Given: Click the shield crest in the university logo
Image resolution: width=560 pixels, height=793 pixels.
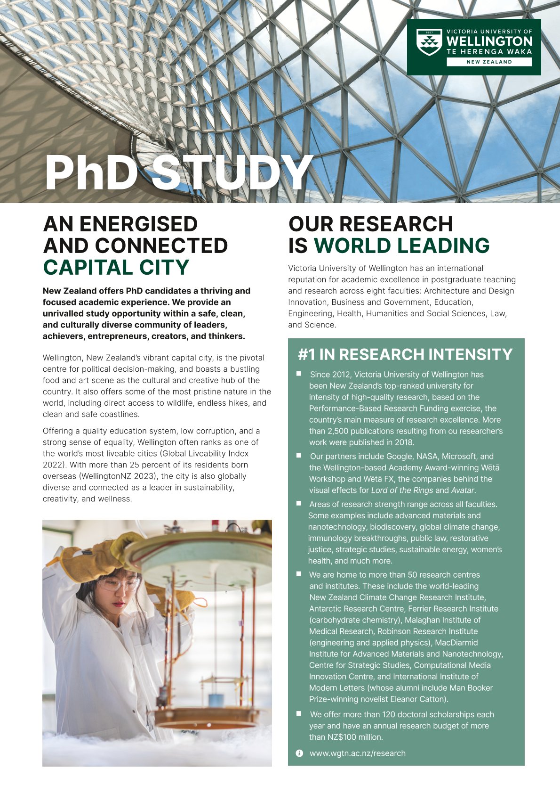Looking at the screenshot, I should point(429,42).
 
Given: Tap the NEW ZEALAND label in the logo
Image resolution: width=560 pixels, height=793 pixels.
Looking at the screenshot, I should point(489,62).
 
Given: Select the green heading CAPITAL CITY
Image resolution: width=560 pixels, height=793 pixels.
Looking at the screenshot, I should point(116,268).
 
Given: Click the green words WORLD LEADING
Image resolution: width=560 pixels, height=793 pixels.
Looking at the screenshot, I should point(401,245).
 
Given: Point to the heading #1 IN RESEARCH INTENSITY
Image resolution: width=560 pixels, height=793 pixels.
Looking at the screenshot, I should point(405,354).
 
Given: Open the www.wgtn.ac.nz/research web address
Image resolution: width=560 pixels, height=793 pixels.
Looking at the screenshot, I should point(357,753).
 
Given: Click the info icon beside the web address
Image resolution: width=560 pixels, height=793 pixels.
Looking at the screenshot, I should point(299,753).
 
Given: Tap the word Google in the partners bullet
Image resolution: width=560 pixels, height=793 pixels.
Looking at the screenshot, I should point(399,456).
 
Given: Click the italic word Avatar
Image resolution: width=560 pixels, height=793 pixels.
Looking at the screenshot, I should point(463,490).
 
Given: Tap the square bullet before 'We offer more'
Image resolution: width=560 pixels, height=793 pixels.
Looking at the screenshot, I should point(299,713).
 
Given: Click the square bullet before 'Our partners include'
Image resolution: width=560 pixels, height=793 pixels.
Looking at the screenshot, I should point(299,455).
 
